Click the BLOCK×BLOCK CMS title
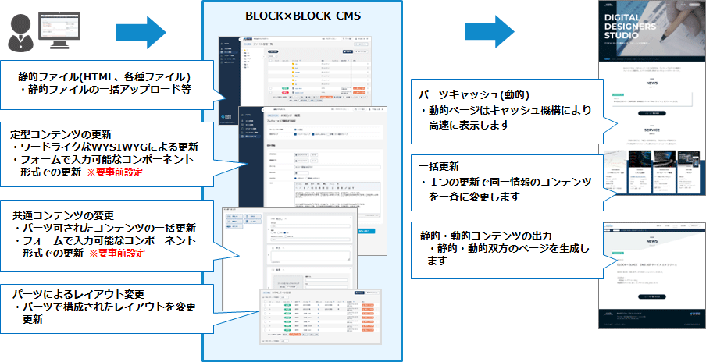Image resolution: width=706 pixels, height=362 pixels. pyautogui.click(x=301, y=16)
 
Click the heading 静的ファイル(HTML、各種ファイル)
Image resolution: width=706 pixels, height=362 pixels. pyautogui.click(x=105, y=76)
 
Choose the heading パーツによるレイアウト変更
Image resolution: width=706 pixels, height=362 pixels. pyautogui.click(x=79, y=293)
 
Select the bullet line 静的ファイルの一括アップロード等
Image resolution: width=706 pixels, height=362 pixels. pyautogui.click(x=110, y=90)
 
